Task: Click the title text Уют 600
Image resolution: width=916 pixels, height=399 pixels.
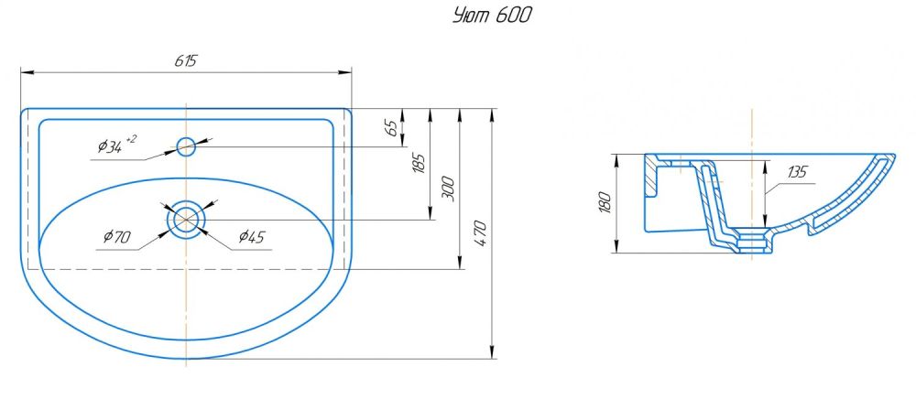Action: (492, 16)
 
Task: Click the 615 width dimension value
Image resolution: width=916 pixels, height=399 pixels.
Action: (186, 60)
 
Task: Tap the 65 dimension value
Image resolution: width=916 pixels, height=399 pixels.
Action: (393, 128)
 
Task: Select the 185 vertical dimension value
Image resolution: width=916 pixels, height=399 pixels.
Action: (420, 164)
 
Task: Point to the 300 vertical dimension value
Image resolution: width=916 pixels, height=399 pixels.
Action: (448, 189)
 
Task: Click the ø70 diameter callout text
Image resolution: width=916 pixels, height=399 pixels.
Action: (117, 238)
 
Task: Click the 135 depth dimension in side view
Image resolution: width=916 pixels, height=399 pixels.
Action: (797, 171)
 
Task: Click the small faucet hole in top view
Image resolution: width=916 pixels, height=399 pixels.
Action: (186, 146)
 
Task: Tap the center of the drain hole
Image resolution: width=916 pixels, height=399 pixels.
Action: (187, 220)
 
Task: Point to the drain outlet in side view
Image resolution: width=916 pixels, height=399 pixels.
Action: (751, 243)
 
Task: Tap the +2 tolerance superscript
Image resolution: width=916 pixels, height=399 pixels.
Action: (131, 138)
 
